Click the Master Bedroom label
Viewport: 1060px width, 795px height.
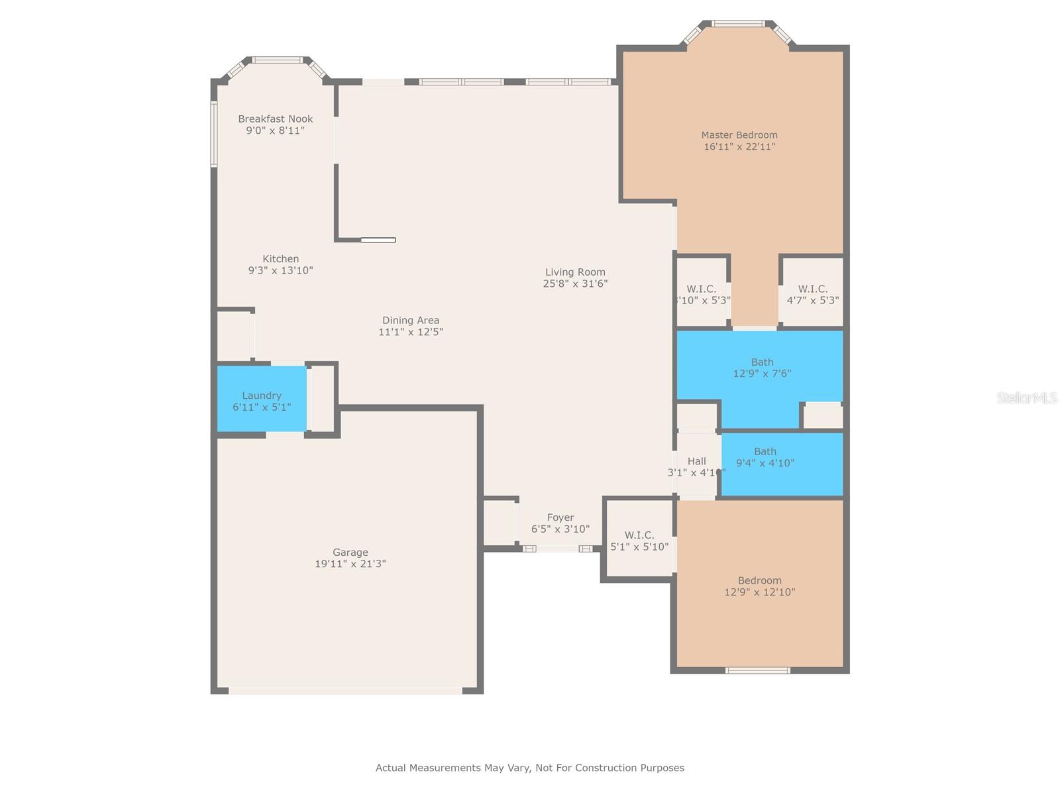point(739,135)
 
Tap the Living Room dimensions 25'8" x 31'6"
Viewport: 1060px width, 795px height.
point(575,284)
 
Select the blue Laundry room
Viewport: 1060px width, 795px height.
point(262,400)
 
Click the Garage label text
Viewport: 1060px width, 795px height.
point(350,553)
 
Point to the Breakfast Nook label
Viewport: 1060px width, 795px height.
point(276,119)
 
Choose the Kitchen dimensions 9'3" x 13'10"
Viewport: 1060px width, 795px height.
point(280,270)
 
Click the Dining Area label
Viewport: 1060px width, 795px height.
point(411,321)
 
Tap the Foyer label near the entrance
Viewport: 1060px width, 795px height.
point(560,518)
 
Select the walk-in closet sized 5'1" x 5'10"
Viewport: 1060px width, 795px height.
point(639,541)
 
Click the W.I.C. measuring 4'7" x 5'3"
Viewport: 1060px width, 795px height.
point(813,294)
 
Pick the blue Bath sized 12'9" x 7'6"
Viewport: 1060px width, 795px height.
point(762,367)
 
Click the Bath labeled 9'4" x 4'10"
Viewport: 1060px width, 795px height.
point(765,457)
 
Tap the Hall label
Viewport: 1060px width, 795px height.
point(696,461)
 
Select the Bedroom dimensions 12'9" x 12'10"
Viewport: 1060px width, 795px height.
point(760,592)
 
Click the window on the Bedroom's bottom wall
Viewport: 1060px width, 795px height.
point(758,670)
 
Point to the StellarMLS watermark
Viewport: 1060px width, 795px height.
point(1027,398)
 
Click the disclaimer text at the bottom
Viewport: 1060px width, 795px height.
point(530,768)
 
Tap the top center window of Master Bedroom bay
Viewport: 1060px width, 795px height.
point(739,24)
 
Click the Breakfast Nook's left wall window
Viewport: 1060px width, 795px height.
point(214,133)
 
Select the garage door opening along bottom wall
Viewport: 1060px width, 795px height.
point(345,691)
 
